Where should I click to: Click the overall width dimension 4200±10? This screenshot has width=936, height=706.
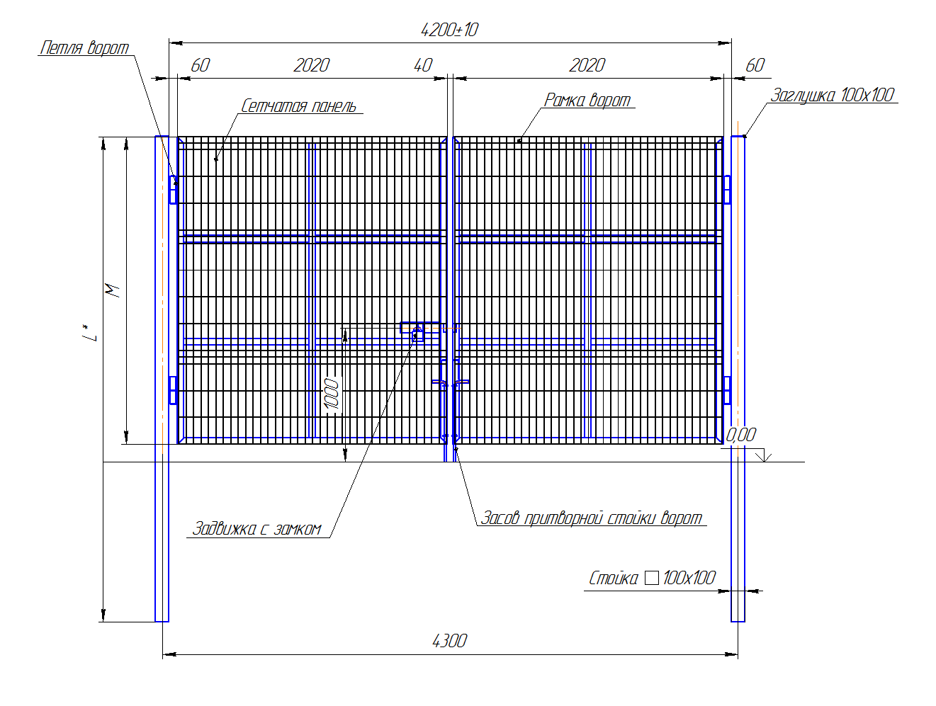coord(449,30)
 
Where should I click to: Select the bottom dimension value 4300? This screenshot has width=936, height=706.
coord(449,641)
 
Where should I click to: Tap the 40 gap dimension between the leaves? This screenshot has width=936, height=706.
coord(422,65)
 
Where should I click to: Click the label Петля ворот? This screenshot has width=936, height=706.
coord(84,47)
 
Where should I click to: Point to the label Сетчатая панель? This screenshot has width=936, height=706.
coord(298,106)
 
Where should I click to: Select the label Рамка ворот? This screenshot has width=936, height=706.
coord(587,100)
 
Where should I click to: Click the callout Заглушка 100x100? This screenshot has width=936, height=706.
coord(832,95)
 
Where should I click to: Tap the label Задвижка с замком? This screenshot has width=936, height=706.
coord(256,528)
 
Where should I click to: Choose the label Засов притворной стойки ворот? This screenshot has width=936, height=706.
coord(591,518)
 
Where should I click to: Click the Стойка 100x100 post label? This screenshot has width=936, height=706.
coord(652,578)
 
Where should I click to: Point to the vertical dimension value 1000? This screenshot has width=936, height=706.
coord(332,393)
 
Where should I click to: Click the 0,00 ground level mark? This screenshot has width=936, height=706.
coord(740,435)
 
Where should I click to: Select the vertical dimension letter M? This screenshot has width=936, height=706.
coord(112,290)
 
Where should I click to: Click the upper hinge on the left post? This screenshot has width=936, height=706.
coord(173,190)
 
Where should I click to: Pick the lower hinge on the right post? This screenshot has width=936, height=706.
coord(727,390)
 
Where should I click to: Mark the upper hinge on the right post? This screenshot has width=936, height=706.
coord(727,190)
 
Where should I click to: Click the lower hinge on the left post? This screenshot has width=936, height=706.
coord(173,390)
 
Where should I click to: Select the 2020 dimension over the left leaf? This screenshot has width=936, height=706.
coord(311,65)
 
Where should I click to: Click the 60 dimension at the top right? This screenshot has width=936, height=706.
coord(755,65)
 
